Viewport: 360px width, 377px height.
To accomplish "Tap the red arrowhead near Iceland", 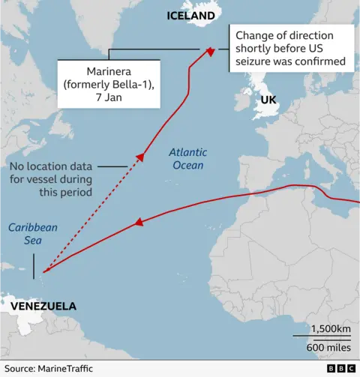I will [x=211, y=51].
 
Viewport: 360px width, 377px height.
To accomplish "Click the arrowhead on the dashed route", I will [x=139, y=157].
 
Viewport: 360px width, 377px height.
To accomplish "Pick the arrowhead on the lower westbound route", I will [x=138, y=223].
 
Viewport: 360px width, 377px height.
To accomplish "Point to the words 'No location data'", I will [x=52, y=166].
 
